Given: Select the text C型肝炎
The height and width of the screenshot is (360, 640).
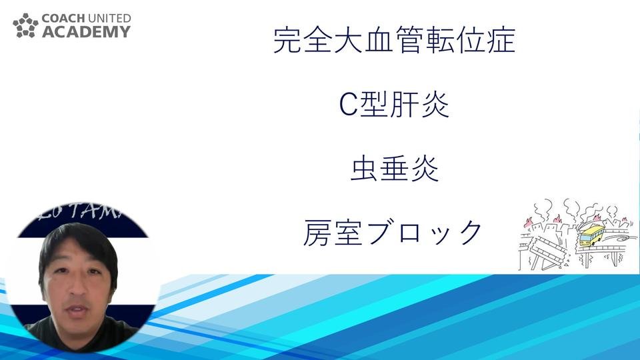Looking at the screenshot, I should click(x=395, y=105).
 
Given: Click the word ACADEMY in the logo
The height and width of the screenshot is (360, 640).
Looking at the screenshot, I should click(x=87, y=31).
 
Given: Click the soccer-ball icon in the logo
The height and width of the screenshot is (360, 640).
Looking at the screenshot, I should click(x=26, y=25).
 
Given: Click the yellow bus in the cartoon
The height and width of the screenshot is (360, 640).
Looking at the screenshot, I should click(x=591, y=235).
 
